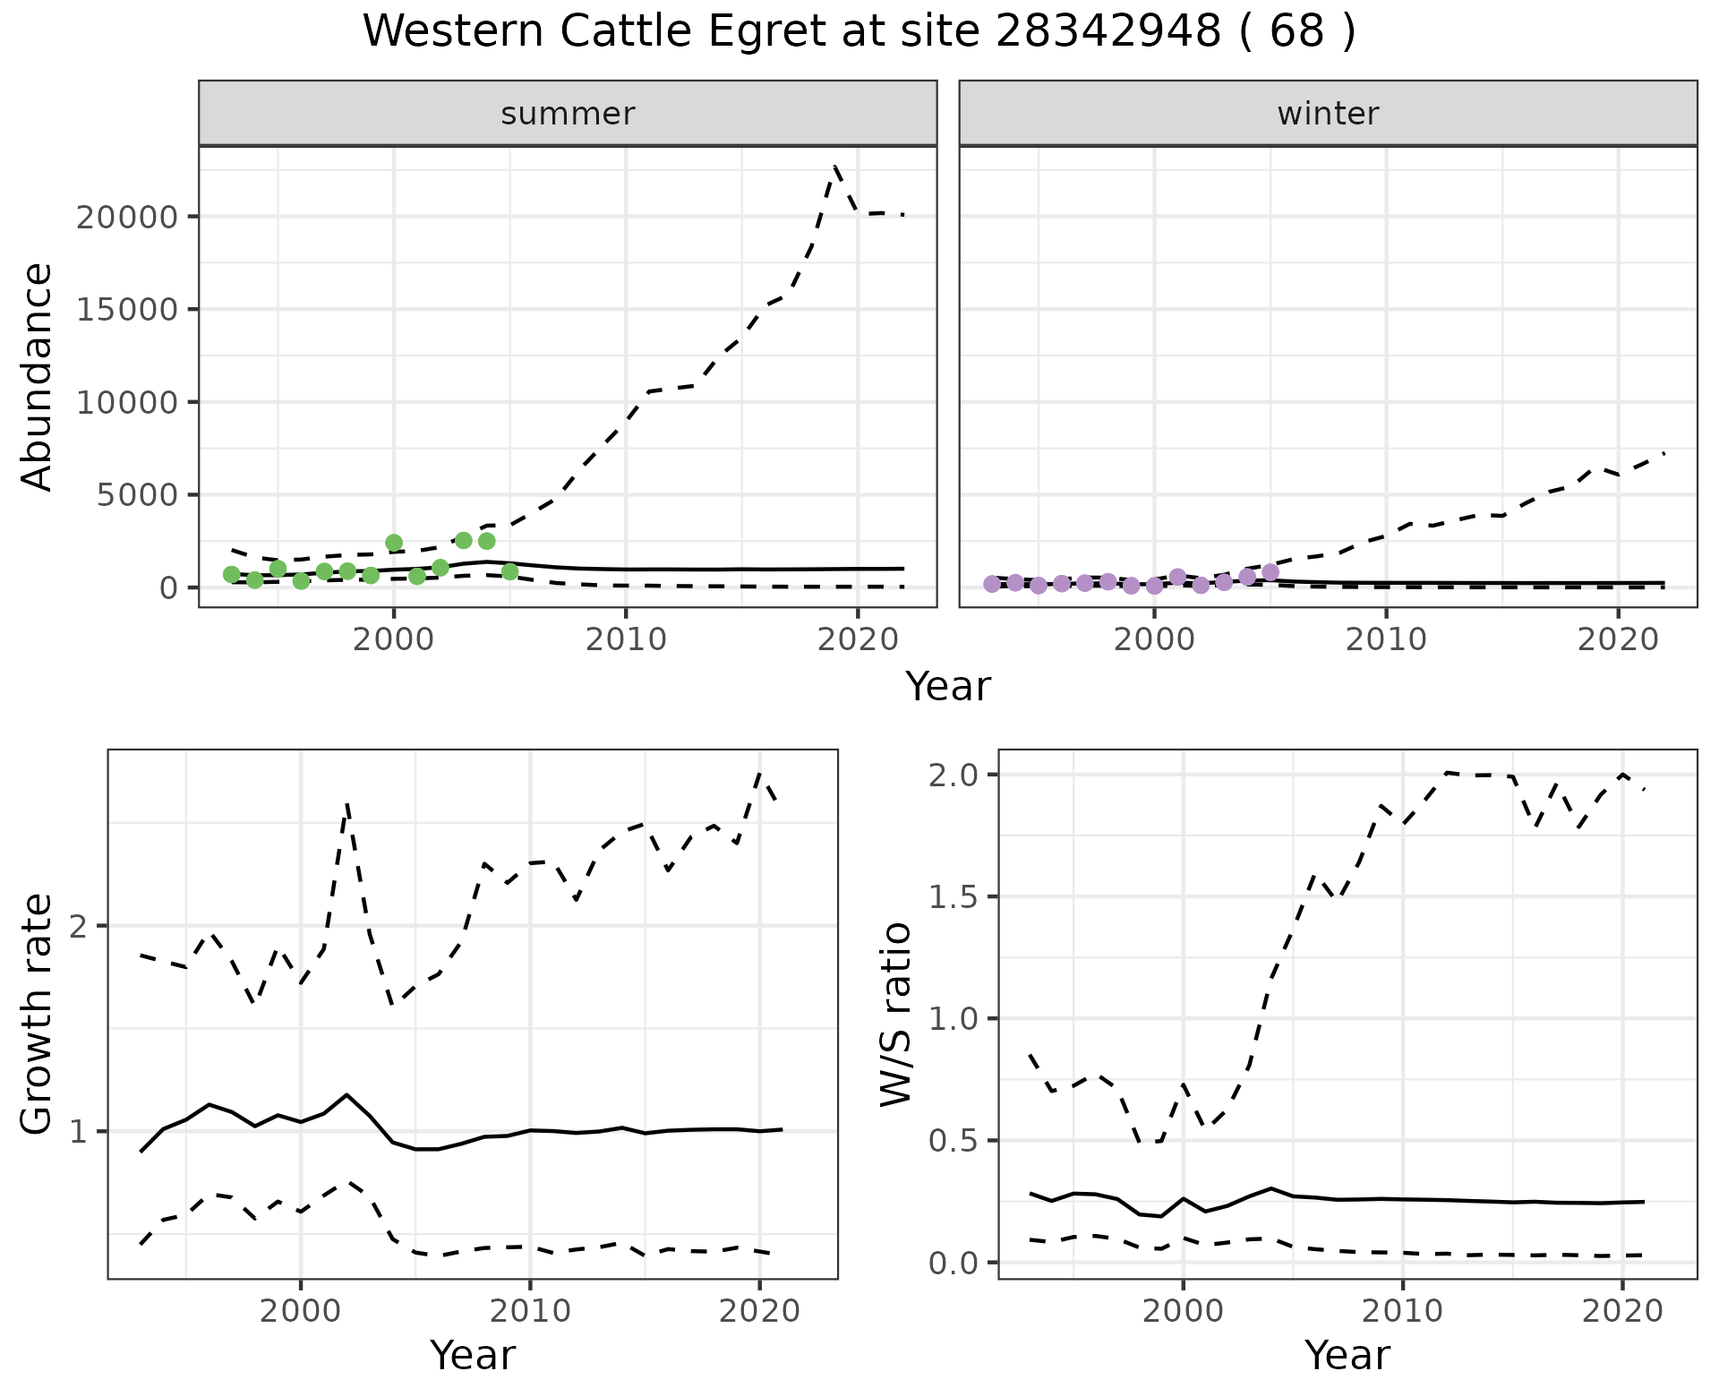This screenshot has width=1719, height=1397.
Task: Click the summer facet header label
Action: pos(568,114)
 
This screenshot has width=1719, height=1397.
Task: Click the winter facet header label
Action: pos(1328,114)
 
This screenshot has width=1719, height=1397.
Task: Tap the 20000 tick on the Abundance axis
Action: pos(128,218)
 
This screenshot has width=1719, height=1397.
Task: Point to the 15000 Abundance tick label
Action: pos(128,310)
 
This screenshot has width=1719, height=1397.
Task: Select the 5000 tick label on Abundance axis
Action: pos(140,494)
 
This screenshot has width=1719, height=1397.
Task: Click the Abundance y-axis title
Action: pos(38,376)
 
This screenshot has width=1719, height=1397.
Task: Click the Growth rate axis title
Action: pos(38,1014)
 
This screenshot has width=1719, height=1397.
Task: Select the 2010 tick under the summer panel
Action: pos(626,639)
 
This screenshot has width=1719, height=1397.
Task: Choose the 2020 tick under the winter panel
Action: pos(1618,639)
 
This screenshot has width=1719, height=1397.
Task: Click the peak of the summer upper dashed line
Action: pos(835,167)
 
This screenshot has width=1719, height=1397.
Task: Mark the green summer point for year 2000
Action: pos(394,543)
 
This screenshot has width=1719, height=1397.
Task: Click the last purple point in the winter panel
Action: pos(1270,572)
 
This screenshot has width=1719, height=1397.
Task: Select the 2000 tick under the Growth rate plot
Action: pos(301,1312)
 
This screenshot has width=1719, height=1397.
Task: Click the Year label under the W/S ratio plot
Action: pos(1347,1355)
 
